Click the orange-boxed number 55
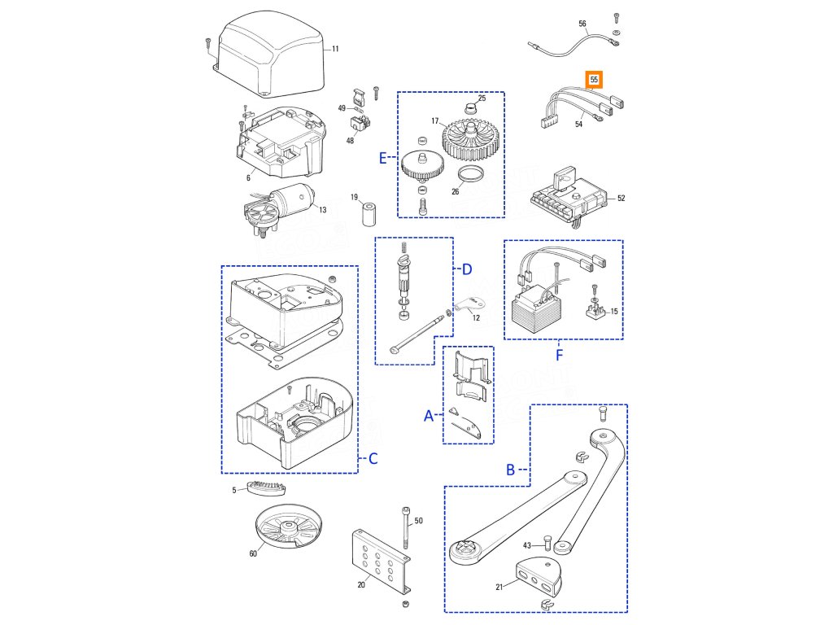coord(595,81)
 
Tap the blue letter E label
coord(384,159)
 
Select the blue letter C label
coord(373,459)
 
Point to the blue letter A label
coord(429,416)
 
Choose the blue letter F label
coord(559,355)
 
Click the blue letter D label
coord(467,269)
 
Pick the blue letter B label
coord(511,470)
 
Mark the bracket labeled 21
coord(539,578)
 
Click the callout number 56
coord(582,24)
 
